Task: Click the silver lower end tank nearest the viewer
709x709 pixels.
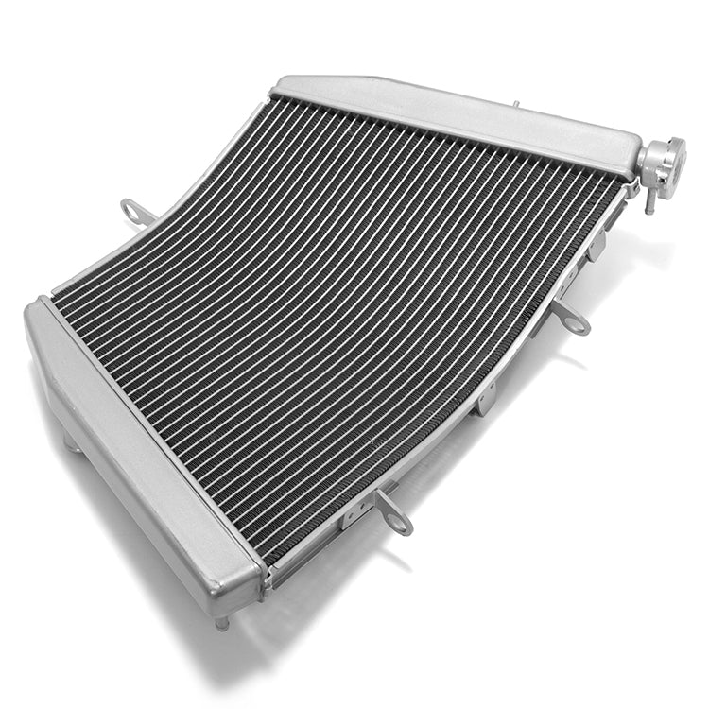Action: [142, 454]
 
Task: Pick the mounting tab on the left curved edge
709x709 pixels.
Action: [138, 212]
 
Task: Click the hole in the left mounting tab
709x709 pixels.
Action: [131, 209]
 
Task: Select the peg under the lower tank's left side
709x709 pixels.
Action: [70, 442]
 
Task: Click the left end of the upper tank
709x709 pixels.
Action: [284, 86]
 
